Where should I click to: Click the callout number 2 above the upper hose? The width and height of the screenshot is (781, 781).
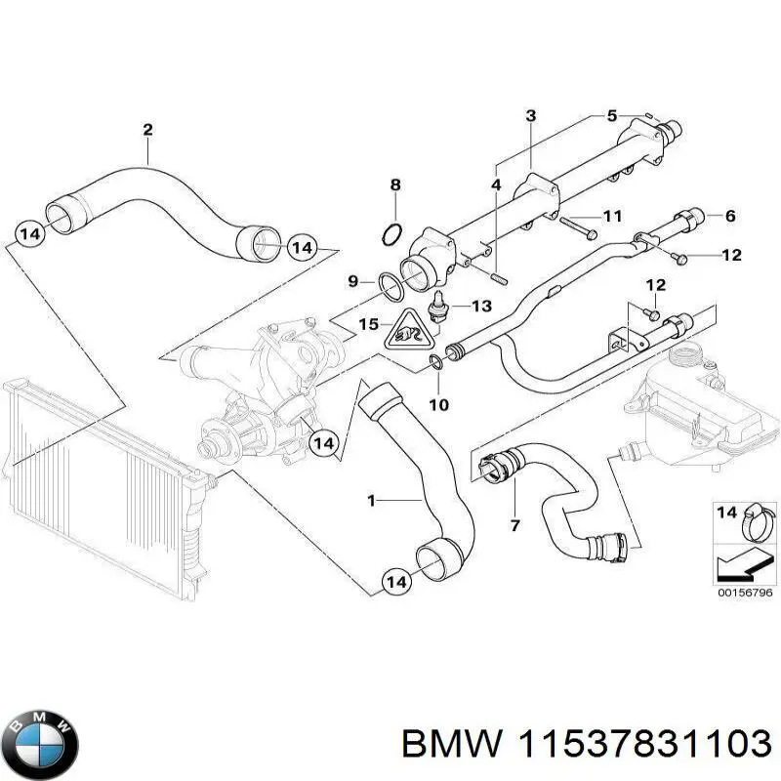(x=147, y=129)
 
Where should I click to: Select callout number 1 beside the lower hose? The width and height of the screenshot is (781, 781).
(x=371, y=501)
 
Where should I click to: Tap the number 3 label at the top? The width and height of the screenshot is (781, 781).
(x=530, y=116)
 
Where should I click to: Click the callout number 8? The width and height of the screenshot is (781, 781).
(x=394, y=185)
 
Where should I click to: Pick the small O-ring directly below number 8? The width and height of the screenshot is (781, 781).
(x=390, y=233)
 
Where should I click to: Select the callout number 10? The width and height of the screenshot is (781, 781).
(x=438, y=404)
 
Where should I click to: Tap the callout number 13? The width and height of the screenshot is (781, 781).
(x=481, y=307)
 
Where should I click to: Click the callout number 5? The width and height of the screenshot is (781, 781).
(x=612, y=115)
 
